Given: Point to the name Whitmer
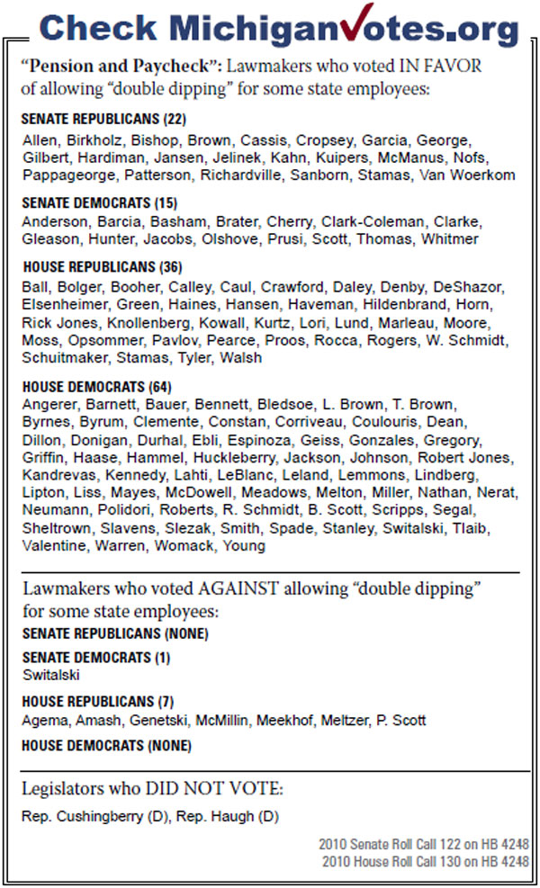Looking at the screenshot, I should [x=449, y=238].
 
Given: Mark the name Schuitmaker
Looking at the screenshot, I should [x=65, y=357].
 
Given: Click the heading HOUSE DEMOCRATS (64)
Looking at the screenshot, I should [x=88, y=386].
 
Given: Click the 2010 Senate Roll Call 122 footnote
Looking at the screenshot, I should [x=424, y=846].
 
